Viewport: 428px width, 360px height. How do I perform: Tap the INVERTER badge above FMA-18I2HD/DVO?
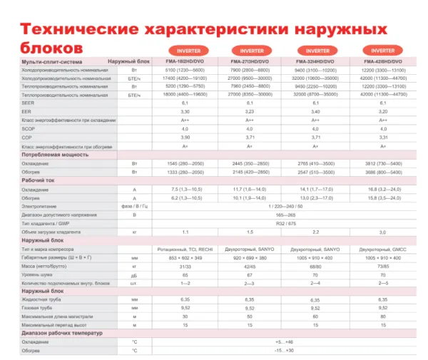(185, 51)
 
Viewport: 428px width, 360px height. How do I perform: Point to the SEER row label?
(29, 103)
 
